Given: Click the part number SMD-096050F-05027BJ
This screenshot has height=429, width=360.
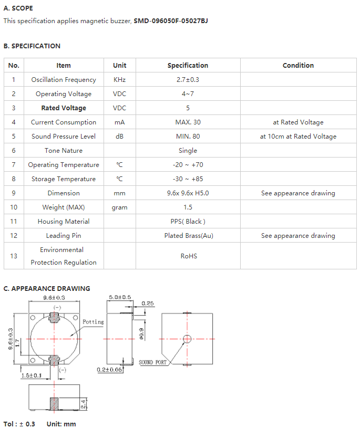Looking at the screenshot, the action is [x=171, y=21].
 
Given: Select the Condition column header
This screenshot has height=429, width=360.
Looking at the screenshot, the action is [x=298, y=66].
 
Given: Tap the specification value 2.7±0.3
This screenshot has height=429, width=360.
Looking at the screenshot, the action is [x=188, y=80].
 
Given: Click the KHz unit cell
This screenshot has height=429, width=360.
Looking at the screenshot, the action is [x=120, y=80].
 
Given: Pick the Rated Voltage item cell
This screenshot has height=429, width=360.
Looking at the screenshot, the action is [x=64, y=108].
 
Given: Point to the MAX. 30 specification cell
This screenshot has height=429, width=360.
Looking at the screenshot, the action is [x=188, y=122].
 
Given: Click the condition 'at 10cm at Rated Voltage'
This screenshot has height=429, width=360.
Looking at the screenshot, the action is [x=298, y=137].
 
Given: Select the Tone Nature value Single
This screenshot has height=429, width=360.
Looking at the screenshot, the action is [x=188, y=151].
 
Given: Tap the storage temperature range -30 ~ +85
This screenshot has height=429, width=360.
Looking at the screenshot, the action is [x=188, y=179].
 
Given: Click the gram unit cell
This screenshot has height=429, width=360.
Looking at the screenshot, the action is [x=120, y=207].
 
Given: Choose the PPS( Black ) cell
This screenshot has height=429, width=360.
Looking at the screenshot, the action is [x=188, y=222].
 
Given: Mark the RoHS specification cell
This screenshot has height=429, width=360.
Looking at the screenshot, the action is [x=189, y=256].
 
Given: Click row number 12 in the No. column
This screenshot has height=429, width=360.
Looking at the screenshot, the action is [x=14, y=236].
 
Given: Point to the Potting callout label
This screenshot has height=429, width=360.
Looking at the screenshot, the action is [x=93, y=322].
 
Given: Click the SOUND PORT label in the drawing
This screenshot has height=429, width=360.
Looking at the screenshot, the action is [x=152, y=362].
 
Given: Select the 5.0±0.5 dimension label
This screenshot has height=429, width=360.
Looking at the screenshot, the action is [x=120, y=297].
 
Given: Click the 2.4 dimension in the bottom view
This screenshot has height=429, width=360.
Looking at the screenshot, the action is [x=84, y=404].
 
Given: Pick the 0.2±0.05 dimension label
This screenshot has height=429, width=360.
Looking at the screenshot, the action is [x=109, y=370].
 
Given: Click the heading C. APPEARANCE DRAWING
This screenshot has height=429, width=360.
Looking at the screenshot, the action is [x=47, y=289].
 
